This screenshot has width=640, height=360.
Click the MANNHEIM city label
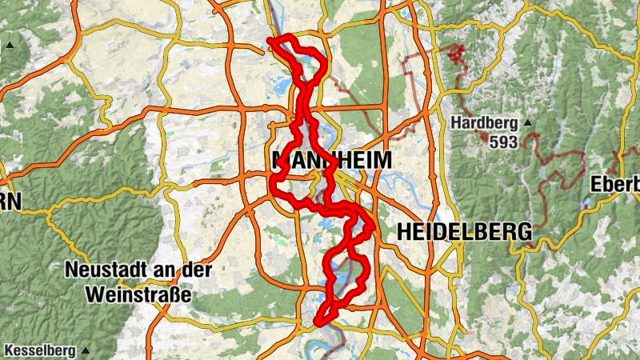point(332,161)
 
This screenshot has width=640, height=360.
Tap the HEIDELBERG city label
point(464,232)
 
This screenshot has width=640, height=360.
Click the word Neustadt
point(111,270)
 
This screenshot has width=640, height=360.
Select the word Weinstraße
point(138,294)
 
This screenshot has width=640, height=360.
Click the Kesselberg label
point(39,350)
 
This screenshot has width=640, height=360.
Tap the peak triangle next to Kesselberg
point(85,350)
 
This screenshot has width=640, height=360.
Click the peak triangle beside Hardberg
point(527,123)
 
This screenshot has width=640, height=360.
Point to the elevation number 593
point(502,142)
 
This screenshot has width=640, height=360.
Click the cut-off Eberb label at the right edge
point(614,184)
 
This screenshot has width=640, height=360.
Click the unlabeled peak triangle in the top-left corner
point(10,45)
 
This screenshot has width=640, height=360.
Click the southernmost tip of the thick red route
point(319,323)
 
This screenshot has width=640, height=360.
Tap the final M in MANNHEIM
point(382,161)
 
